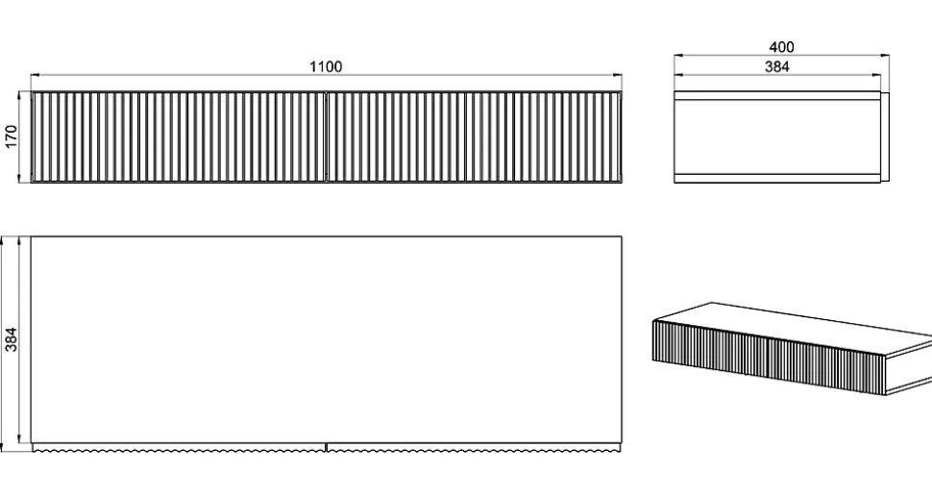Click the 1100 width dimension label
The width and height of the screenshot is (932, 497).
coord(326,66)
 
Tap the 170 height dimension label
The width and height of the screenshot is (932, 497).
coord(12,137)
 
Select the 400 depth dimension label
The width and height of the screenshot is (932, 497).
coord(781,47)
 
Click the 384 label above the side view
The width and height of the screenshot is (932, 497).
coord(777,66)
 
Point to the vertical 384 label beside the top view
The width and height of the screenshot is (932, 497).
coord(12,338)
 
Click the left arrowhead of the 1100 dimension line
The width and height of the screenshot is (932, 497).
coord(35,76)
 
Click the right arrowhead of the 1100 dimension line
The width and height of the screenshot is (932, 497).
coord(618,76)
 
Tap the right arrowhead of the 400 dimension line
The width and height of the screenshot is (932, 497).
coord(886,56)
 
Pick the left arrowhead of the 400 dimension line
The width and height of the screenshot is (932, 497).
coord(678,56)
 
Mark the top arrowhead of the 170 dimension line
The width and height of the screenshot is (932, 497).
coord(19,95)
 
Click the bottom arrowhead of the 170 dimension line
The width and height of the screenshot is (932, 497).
coord(19,179)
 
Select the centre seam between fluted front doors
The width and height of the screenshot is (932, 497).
coord(327,137)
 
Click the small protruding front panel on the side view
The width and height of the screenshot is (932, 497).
coord(885,137)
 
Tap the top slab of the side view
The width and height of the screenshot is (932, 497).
coord(777,95)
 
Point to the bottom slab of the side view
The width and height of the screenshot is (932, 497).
coord(777,178)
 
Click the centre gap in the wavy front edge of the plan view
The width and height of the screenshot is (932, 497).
coord(327,447)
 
